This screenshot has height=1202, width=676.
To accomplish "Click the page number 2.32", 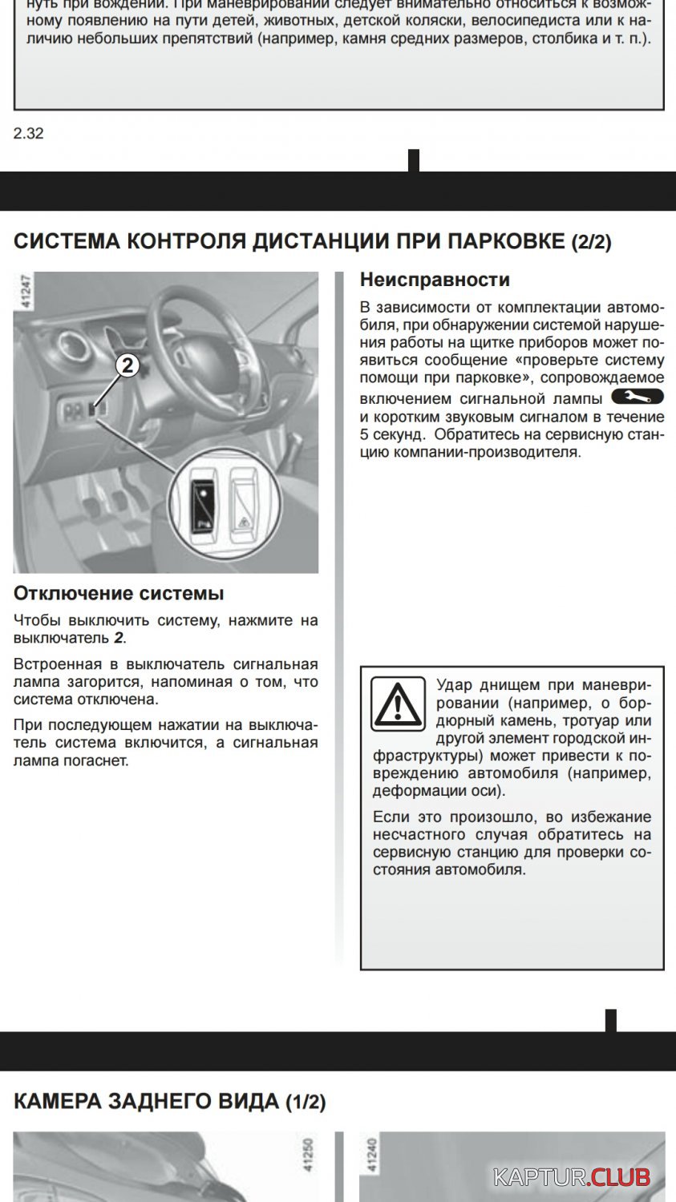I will pyautogui.click(x=28, y=134).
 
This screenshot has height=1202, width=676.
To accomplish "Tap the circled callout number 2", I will pyautogui.click(x=128, y=366).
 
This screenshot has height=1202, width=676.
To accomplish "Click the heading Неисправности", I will pyautogui.click(x=435, y=280).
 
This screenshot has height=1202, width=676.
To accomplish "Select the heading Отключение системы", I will pyautogui.click(x=119, y=594).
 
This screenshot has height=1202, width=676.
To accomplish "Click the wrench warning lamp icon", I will pyautogui.click(x=638, y=397).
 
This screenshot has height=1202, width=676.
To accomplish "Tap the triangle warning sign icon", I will pyautogui.click(x=398, y=704).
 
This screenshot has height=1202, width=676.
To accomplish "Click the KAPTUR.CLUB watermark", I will pyautogui.click(x=572, y=1177).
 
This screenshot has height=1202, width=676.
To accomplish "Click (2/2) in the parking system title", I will pyautogui.click(x=591, y=242).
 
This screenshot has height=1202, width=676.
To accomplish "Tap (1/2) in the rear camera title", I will pyautogui.click(x=306, y=1102).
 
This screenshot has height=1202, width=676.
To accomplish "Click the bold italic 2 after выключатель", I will pyautogui.click(x=119, y=639).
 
